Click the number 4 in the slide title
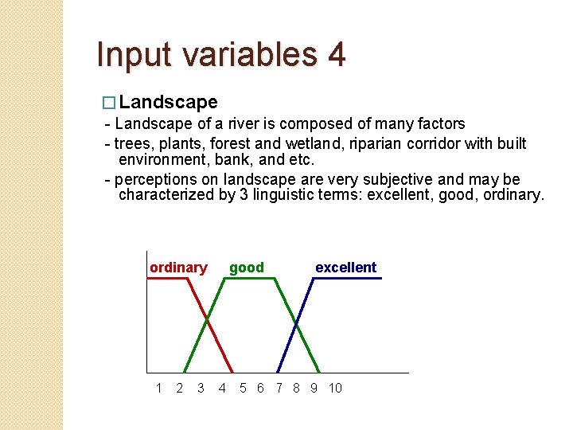click(x=335, y=55)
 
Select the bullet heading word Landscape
click(x=169, y=102)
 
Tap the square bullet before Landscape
click(x=110, y=103)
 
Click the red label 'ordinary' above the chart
click(x=178, y=268)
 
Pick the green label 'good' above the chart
click(x=247, y=268)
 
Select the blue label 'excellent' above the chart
click(x=345, y=268)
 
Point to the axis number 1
click(x=158, y=388)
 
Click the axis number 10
click(x=335, y=388)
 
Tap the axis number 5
click(x=244, y=388)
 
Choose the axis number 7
click(x=279, y=388)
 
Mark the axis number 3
click(x=201, y=388)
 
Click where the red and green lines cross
click(x=208, y=322)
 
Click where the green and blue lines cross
click(x=297, y=323)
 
